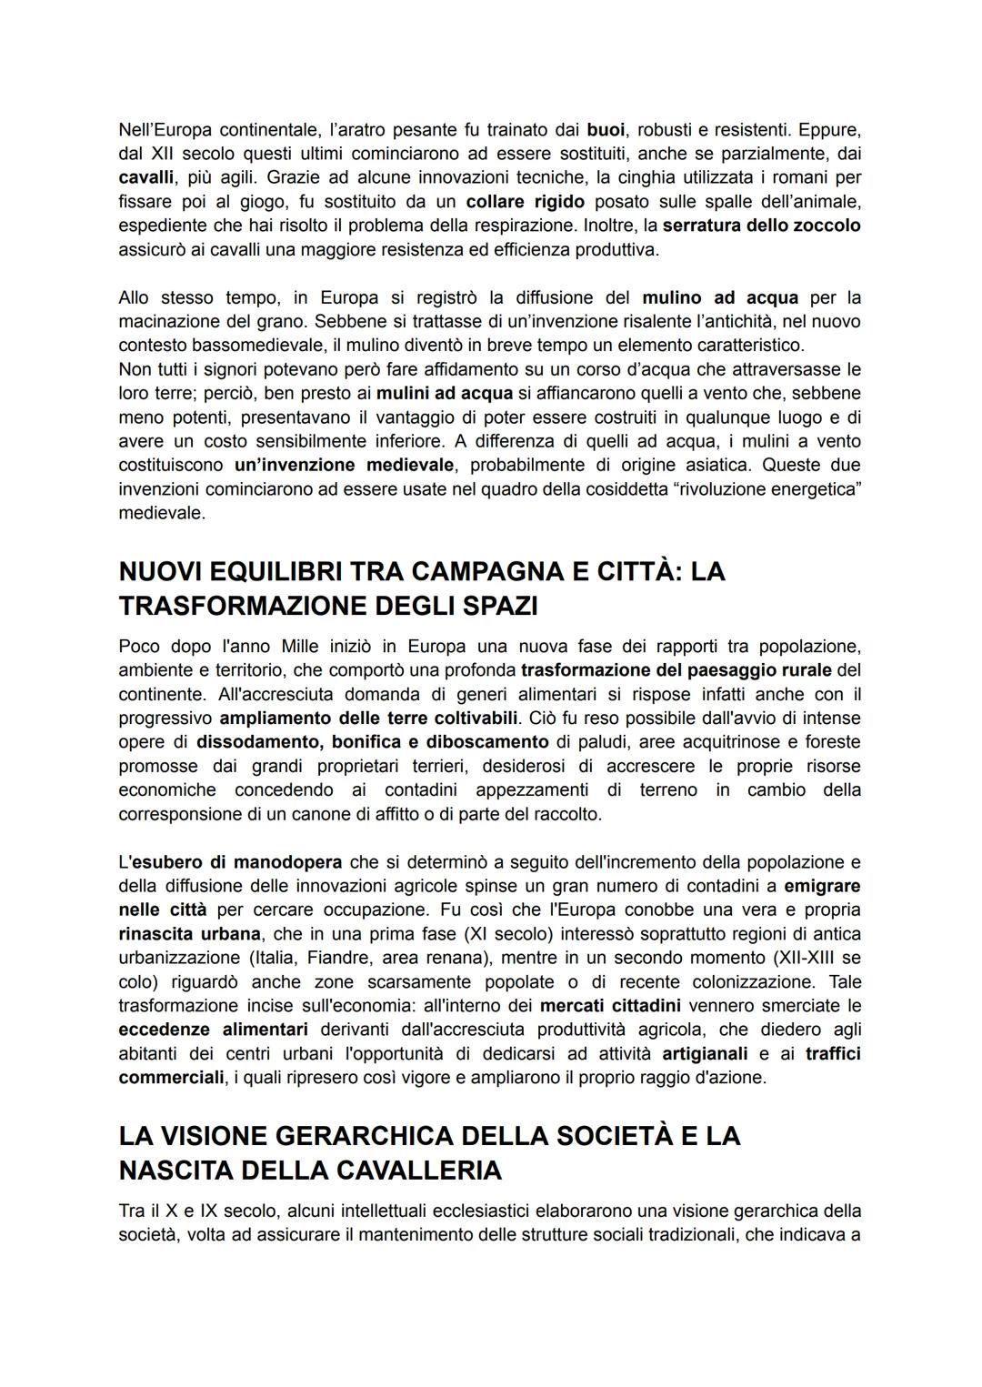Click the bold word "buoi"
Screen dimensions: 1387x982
tap(607, 129)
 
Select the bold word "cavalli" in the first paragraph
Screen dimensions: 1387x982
tap(146, 176)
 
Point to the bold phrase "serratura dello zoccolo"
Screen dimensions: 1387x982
tap(761, 225)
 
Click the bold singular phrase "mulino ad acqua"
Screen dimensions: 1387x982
tap(720, 297)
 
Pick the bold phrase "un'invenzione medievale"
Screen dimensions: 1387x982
tap(344, 465)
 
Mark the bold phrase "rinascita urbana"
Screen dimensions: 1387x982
tap(189, 933)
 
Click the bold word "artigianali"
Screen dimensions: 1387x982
tap(705, 1053)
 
